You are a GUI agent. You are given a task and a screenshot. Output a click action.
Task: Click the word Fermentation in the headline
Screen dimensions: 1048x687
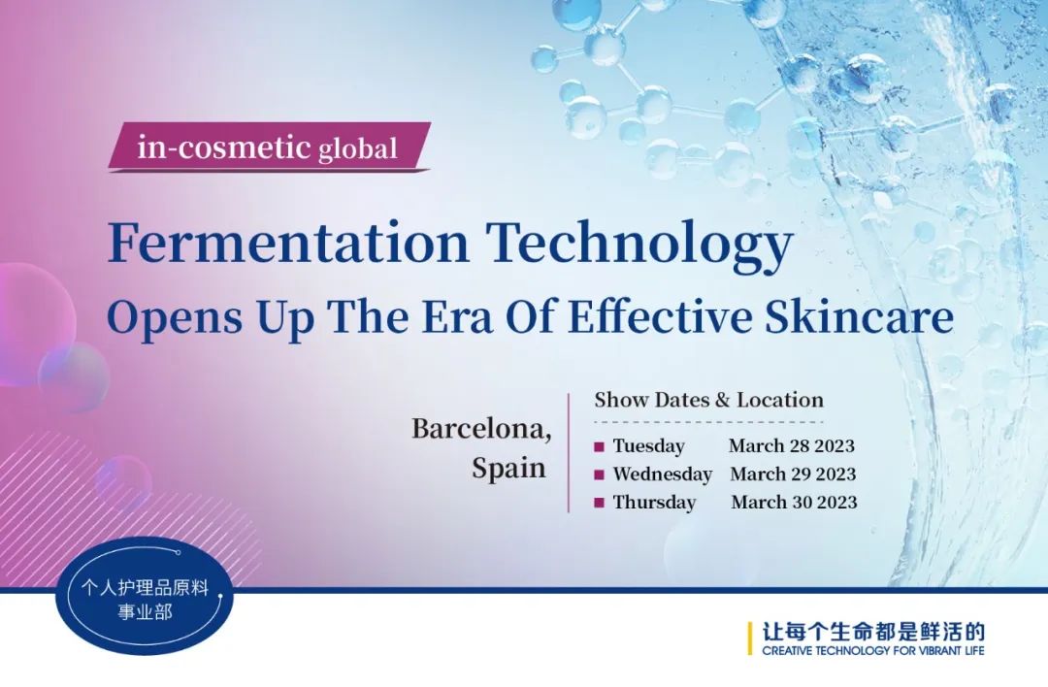[289, 242]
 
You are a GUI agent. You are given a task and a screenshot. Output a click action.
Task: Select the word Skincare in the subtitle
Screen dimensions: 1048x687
[859, 316]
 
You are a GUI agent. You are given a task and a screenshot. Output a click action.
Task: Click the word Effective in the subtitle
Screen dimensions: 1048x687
[660, 316]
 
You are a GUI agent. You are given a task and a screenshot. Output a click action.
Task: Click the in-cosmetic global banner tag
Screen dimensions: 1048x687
[269, 147]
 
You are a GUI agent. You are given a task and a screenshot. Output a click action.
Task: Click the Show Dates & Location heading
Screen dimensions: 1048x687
[709, 400]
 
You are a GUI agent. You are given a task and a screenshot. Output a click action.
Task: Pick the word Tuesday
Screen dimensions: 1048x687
[649, 445]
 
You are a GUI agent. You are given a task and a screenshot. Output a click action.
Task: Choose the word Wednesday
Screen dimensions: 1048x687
[663, 474]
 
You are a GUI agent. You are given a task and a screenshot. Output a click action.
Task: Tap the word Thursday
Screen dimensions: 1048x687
[655, 502]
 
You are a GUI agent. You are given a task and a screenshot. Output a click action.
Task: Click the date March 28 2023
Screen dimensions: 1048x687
[792, 445]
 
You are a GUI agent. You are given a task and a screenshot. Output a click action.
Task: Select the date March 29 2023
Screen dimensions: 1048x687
[793, 474]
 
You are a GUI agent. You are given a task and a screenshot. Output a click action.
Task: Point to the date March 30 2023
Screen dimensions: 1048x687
[794, 502]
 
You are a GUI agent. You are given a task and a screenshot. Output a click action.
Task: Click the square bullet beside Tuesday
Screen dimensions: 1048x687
[599, 446]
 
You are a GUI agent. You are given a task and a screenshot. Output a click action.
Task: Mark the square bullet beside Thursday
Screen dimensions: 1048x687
[599, 503]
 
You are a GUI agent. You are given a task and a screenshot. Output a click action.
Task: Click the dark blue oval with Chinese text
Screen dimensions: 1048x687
[145, 598]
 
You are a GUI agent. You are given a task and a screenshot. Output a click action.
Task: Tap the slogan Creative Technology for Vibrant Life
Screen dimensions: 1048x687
[873, 650]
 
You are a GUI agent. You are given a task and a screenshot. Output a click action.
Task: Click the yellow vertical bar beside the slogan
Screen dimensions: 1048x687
[750, 638]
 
